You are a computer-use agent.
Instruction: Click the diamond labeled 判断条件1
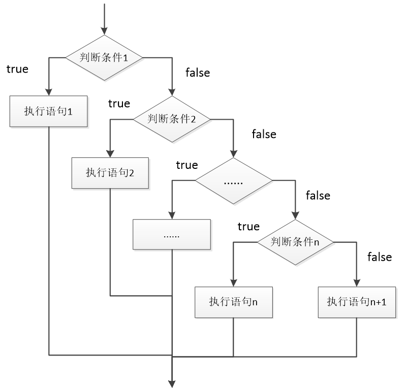(x=104, y=57)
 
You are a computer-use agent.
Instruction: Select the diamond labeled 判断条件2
(x=171, y=119)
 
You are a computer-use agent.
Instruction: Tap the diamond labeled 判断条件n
(x=295, y=242)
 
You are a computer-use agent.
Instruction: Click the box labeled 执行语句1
(x=49, y=111)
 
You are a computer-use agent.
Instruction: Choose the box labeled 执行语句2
(x=110, y=172)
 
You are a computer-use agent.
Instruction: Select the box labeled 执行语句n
(x=233, y=302)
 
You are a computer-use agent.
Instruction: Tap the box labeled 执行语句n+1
(x=357, y=302)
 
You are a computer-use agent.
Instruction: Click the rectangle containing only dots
(x=172, y=235)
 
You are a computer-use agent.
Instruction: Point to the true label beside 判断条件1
(x=17, y=69)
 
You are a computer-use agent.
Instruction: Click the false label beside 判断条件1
(x=198, y=73)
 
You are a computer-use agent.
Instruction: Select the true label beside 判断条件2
(x=119, y=104)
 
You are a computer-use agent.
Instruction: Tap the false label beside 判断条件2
(x=264, y=134)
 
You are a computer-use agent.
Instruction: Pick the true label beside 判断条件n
(x=248, y=226)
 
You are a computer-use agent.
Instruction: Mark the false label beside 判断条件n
(x=380, y=257)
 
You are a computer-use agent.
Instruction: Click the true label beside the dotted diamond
(x=187, y=165)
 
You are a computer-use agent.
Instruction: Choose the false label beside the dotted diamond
(x=318, y=195)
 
